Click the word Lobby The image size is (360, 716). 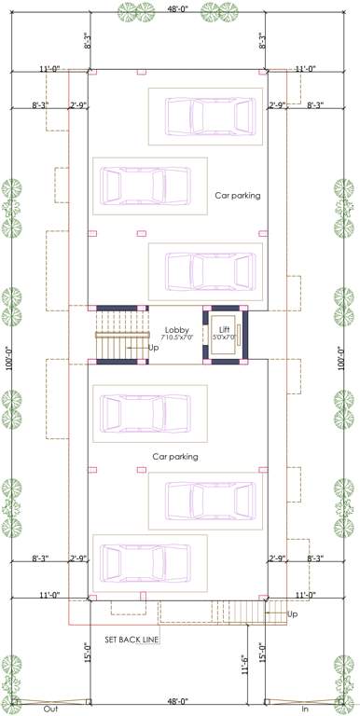[x=177, y=330]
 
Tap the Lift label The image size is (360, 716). [x=224, y=330]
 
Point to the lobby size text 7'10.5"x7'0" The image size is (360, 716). [x=177, y=338]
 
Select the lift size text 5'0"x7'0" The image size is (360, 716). [x=224, y=338]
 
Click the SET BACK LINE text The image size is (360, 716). [x=133, y=640]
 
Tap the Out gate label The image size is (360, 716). [x=50, y=709]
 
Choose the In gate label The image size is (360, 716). [x=304, y=709]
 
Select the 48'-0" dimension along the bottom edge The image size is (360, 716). [x=179, y=701]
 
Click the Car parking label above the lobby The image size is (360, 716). [x=237, y=196]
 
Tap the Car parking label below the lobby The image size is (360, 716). [x=175, y=457]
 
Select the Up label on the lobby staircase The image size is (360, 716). [x=153, y=348]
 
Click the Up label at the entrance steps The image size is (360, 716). [x=293, y=614]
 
